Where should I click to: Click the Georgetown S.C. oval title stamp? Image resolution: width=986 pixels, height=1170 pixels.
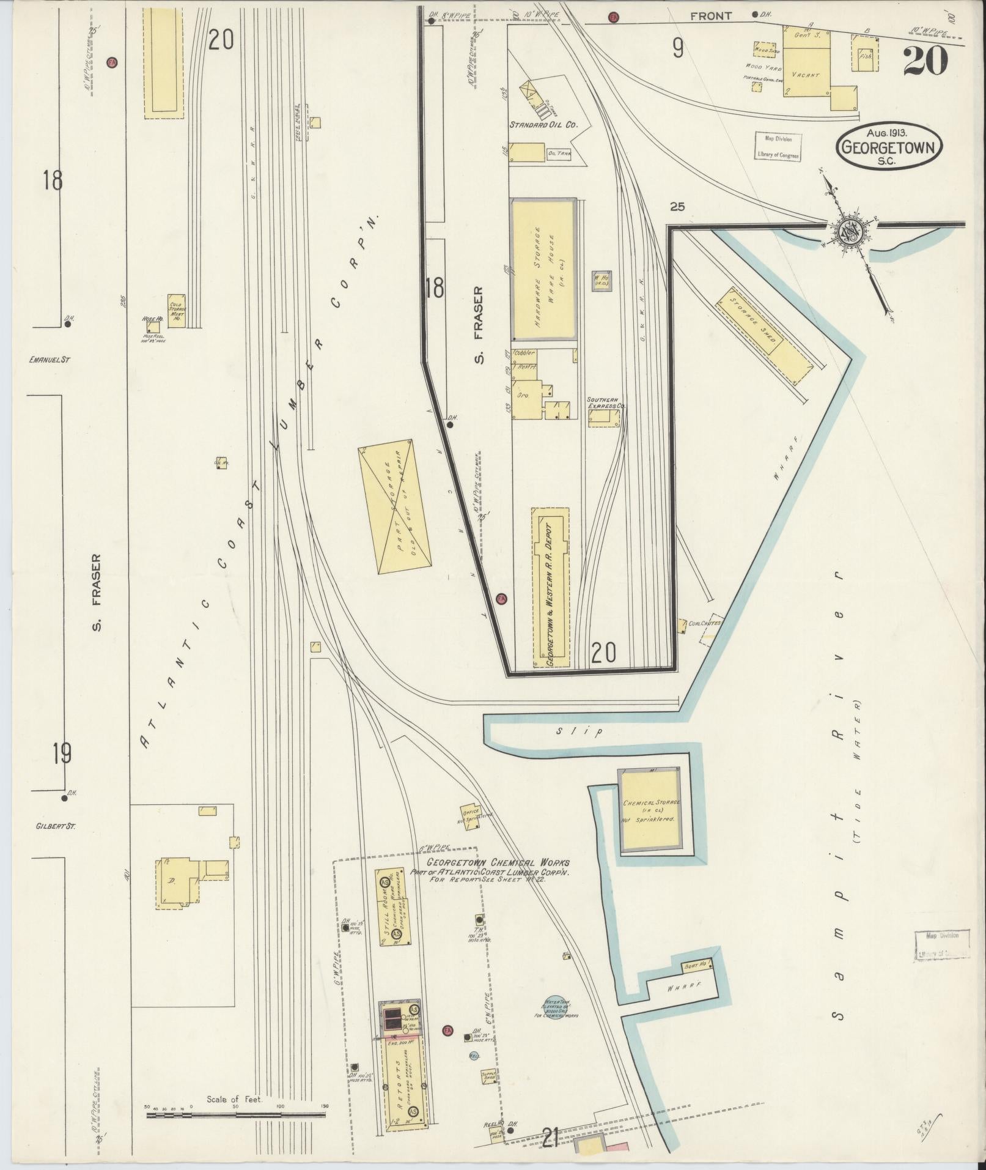tap(890, 144)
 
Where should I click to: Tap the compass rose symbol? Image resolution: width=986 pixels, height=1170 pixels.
tap(850, 231)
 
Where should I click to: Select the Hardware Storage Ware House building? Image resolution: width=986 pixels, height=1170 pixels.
tap(543, 270)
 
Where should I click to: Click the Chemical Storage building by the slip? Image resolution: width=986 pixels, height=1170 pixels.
tap(649, 810)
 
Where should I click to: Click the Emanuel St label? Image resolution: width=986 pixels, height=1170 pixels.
tap(50, 360)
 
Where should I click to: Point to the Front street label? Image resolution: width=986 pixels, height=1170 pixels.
tap(711, 17)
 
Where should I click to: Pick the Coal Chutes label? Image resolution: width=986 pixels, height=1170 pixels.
tap(704, 624)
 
